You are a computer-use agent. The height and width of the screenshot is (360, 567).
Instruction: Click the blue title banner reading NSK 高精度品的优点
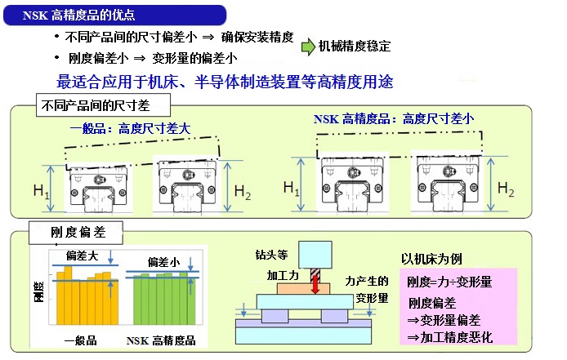point(114,16)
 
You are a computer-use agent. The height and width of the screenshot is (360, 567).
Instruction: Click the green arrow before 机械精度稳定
point(308,47)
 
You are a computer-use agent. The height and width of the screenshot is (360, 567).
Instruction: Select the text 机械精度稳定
point(355,47)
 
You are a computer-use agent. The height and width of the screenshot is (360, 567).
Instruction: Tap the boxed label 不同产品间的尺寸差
point(103,105)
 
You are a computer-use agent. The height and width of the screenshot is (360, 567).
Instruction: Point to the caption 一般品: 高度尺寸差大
point(130,128)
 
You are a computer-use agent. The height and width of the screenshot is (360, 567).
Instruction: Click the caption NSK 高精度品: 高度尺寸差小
point(394,118)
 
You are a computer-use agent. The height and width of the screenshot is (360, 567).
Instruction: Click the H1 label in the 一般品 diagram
point(41,190)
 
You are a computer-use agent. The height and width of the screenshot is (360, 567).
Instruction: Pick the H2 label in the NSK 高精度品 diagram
point(506,189)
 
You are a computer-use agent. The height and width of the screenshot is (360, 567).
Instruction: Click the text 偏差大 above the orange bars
point(82,256)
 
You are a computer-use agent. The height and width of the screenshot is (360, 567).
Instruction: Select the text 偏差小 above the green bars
point(163,262)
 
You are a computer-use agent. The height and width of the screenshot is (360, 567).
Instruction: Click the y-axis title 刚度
point(38,291)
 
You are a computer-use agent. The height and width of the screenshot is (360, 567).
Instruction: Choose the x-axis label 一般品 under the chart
point(80,340)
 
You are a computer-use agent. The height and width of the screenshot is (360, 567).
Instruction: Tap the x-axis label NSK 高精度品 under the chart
point(161,340)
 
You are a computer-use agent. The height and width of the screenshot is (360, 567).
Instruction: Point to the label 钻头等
point(271,255)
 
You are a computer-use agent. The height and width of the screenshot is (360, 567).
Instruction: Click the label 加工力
point(283,275)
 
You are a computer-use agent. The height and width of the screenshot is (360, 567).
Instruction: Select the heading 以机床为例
point(431,259)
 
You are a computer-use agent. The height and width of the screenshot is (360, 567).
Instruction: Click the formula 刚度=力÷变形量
point(449,282)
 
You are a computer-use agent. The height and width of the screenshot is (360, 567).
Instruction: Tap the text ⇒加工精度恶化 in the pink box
point(450,337)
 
